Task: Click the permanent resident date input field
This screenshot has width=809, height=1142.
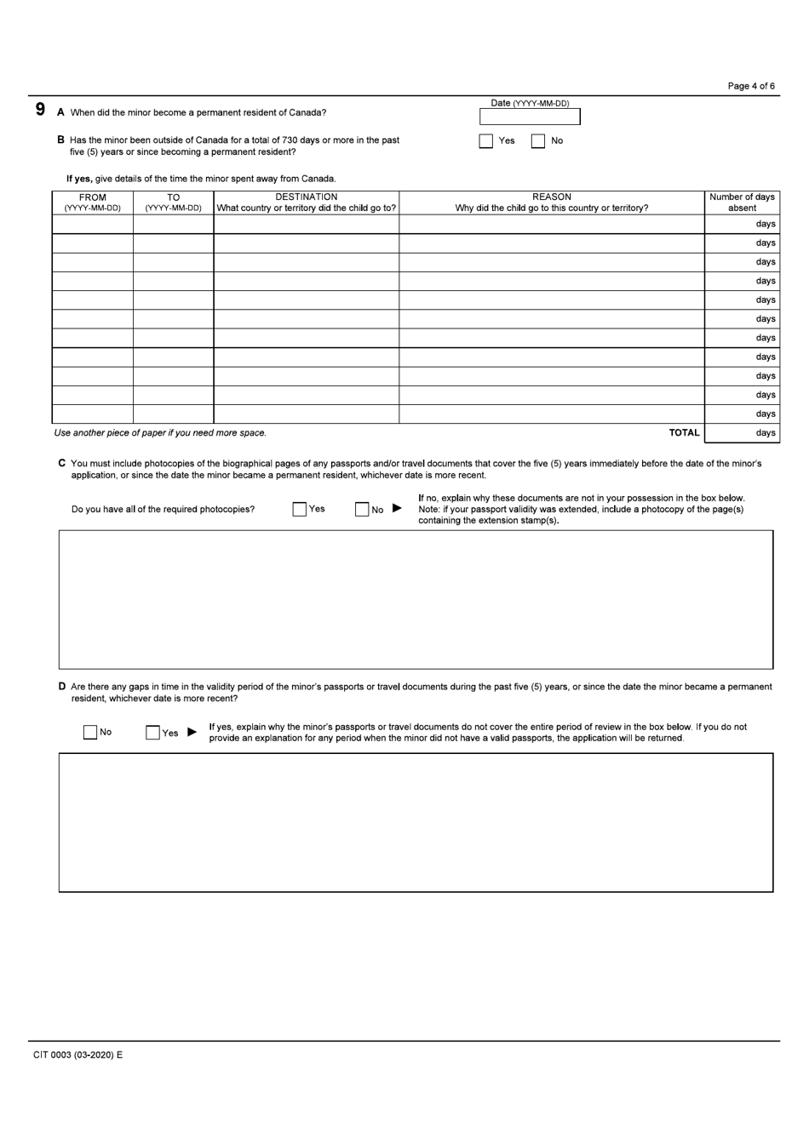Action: [x=530, y=117]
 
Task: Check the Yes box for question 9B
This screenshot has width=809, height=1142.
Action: [x=486, y=141]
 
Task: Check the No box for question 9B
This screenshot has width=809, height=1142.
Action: [x=538, y=141]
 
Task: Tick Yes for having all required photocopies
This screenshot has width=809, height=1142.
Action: [x=299, y=510]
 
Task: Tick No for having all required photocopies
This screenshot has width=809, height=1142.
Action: [x=362, y=510]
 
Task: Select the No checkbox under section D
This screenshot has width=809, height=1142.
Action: [x=90, y=733]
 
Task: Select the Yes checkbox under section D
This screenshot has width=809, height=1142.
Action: [x=153, y=733]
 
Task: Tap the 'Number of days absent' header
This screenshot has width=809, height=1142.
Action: [x=742, y=203]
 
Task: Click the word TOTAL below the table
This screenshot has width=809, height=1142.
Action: [x=684, y=433]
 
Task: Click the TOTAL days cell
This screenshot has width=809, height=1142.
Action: [x=742, y=433]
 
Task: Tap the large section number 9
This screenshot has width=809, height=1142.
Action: [x=40, y=110]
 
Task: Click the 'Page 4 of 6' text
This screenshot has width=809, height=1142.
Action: [x=751, y=86]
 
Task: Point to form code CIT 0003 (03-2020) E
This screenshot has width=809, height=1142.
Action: [x=78, y=1055]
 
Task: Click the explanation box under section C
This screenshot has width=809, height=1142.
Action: [x=416, y=600]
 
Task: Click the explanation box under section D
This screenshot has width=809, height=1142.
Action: [x=416, y=822]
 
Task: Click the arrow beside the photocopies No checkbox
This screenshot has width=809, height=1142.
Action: [x=397, y=509]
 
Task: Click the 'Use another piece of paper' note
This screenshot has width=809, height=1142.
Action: [x=160, y=433]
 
